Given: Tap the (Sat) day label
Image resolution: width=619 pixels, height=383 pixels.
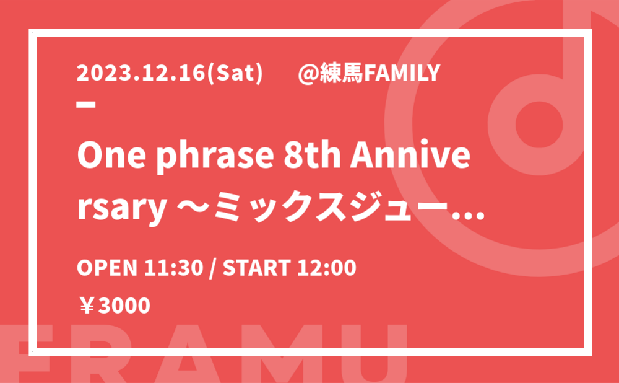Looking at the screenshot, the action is (x=235, y=74).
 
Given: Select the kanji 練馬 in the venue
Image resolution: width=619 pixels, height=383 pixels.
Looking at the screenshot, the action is (x=341, y=73).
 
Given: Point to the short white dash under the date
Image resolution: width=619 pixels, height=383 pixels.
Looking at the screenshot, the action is (x=86, y=105).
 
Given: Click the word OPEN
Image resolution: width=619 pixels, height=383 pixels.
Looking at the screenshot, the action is (x=106, y=268).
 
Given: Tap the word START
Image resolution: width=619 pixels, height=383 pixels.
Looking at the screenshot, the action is (x=257, y=268).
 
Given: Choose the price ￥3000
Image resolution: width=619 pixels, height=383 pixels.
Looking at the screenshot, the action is (x=114, y=306).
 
